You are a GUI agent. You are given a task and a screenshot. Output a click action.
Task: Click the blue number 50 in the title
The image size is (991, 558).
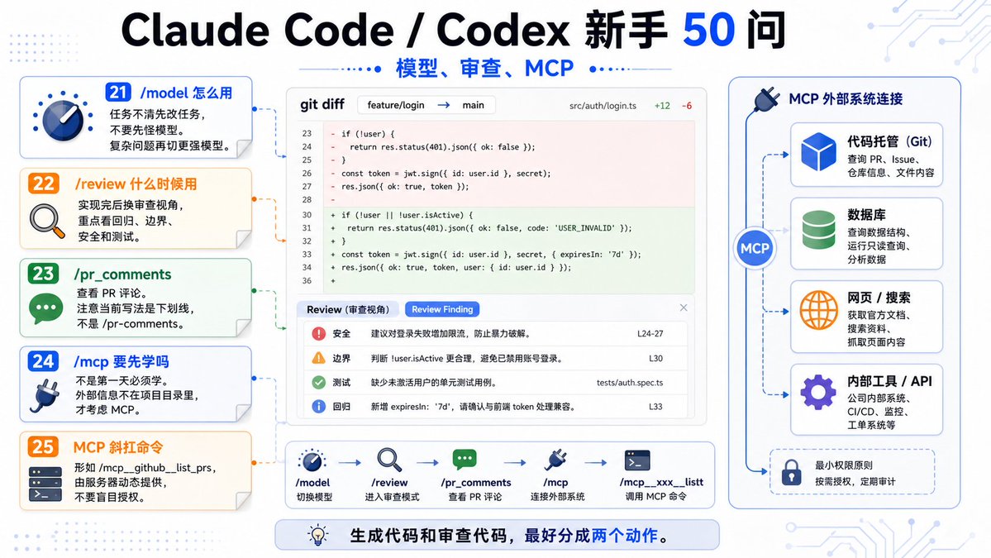point(708,31)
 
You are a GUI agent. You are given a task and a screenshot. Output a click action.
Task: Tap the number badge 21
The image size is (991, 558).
point(118,93)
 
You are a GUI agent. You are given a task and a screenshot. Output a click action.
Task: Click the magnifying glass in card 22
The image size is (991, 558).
point(47,222)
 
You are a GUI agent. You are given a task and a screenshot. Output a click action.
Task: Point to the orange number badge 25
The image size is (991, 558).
point(43,446)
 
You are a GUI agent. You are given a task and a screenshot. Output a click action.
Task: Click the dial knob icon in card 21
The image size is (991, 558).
point(63,117)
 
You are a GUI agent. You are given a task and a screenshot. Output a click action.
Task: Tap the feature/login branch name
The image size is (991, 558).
point(396,105)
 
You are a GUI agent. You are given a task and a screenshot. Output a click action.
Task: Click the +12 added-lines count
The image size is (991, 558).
point(662,106)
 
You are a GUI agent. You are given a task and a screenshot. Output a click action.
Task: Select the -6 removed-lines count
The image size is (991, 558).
point(686,106)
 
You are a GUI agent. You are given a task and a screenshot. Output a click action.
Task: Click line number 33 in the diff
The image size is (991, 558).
point(307,254)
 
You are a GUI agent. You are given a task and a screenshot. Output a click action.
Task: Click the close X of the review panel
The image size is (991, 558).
point(684,308)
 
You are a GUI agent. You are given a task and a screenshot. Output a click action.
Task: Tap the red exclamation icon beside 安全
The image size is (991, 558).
point(318,334)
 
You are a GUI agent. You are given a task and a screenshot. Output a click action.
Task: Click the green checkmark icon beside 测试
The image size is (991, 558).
point(318,382)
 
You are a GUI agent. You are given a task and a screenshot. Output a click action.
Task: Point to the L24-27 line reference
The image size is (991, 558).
point(650,334)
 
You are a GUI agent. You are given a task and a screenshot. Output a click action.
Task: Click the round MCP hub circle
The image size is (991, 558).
point(754,248)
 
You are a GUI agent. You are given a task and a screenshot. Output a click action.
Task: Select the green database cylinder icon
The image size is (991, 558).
point(818,230)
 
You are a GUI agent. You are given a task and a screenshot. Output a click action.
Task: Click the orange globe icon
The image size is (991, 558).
point(818,310)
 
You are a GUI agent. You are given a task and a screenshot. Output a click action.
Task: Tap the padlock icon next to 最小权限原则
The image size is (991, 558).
point(791,472)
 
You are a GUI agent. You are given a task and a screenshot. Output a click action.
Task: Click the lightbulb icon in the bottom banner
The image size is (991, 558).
point(318,535)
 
